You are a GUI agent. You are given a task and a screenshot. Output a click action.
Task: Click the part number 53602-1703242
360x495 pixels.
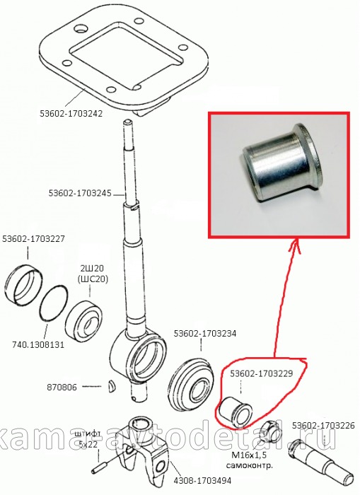point(71,114)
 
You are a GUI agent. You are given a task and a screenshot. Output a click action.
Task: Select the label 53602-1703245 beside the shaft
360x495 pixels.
point(80,193)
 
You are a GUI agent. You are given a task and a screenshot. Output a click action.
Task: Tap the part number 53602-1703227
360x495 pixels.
point(33,239)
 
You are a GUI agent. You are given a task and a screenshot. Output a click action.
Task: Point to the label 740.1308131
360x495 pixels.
point(38,344)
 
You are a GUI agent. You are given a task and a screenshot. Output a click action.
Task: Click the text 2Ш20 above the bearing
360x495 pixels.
point(90,269)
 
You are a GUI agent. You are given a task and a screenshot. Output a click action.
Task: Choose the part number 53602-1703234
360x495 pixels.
point(205,334)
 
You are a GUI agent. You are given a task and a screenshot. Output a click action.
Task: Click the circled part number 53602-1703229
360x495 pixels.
point(262,374)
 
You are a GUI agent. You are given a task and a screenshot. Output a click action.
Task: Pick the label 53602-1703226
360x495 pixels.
point(323,426)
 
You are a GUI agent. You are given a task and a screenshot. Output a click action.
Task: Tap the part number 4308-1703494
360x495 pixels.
point(202,481)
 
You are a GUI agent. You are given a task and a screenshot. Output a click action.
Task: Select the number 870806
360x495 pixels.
point(62,387)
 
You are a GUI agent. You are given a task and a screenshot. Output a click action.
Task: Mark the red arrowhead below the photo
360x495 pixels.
point(295,246)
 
